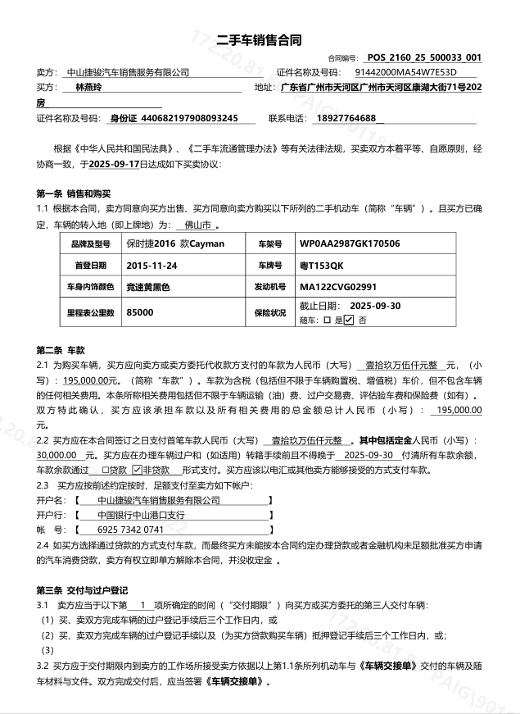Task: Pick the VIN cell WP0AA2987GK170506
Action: (x=350, y=244)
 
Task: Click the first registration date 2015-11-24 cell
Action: (x=152, y=266)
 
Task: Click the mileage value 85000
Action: (x=140, y=312)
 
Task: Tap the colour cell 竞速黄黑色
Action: (x=148, y=288)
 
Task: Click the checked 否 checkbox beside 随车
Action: (x=348, y=320)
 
